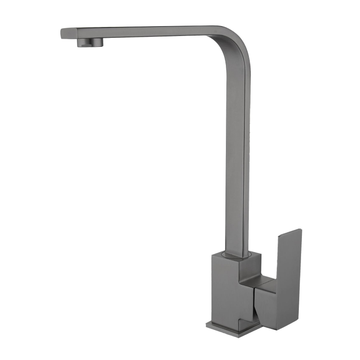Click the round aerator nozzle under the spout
[x=92, y=42]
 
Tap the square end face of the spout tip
[x=67, y=33]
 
